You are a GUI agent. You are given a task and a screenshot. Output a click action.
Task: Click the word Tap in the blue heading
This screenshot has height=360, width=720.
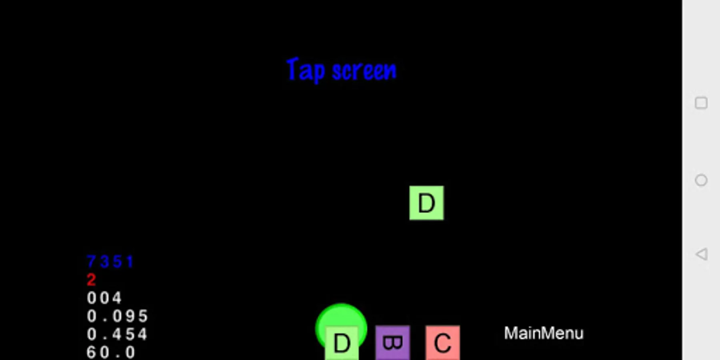(x=306, y=70)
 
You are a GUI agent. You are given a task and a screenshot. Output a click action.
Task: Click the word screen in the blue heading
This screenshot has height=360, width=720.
(x=364, y=71)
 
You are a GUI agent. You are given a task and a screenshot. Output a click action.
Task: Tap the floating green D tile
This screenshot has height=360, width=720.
(x=426, y=203)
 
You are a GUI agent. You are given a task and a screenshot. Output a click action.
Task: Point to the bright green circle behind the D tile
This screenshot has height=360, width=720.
(x=341, y=316)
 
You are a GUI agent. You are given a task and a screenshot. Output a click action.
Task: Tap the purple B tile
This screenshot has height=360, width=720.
(x=392, y=343)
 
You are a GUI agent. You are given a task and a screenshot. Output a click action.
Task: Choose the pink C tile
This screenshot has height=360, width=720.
(x=442, y=343)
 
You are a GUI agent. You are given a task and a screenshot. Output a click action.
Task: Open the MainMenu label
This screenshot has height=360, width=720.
(x=543, y=333)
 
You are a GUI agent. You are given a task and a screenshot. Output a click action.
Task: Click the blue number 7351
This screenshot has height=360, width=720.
(x=110, y=262)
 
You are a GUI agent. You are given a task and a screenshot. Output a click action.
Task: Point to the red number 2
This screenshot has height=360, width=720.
(x=91, y=280)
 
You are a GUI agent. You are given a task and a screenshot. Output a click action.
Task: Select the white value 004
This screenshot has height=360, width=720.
(x=104, y=298)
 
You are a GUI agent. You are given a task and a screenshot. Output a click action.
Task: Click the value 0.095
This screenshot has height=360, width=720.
(x=117, y=316)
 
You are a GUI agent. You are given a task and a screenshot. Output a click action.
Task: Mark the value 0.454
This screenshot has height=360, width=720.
(x=117, y=334)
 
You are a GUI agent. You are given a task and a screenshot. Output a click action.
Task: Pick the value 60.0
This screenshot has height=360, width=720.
(x=111, y=352)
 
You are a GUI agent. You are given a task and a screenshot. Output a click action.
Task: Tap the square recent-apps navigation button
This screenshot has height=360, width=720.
(x=701, y=103)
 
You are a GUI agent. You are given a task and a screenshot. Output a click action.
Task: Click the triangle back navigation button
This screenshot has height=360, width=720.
(x=701, y=254)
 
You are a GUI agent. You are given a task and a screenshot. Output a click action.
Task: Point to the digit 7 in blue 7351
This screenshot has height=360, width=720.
(x=91, y=262)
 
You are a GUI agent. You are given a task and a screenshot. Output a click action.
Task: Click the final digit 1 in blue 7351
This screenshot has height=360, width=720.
(x=130, y=262)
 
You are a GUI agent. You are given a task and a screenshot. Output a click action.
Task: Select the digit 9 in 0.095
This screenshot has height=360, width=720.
(x=130, y=316)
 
